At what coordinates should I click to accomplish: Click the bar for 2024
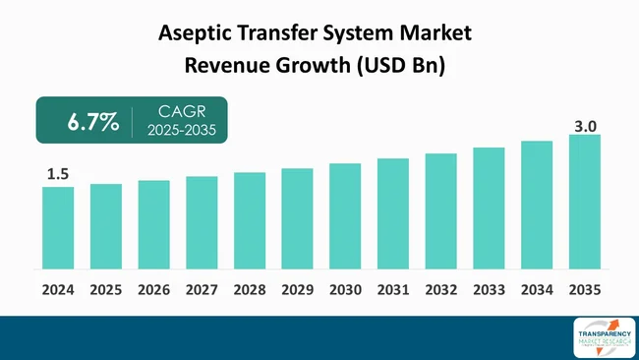(x=58, y=227)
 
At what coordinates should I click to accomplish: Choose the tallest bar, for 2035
(x=584, y=202)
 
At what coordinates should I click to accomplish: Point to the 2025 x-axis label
(x=106, y=290)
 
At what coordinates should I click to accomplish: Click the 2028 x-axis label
(x=250, y=290)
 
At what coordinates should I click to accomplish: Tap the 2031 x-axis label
(x=393, y=290)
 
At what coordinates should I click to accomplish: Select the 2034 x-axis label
(x=537, y=290)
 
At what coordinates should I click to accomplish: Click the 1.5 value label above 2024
(x=58, y=174)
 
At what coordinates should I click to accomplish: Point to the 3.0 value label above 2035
(x=585, y=125)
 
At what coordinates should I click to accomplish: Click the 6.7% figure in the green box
(x=92, y=123)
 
